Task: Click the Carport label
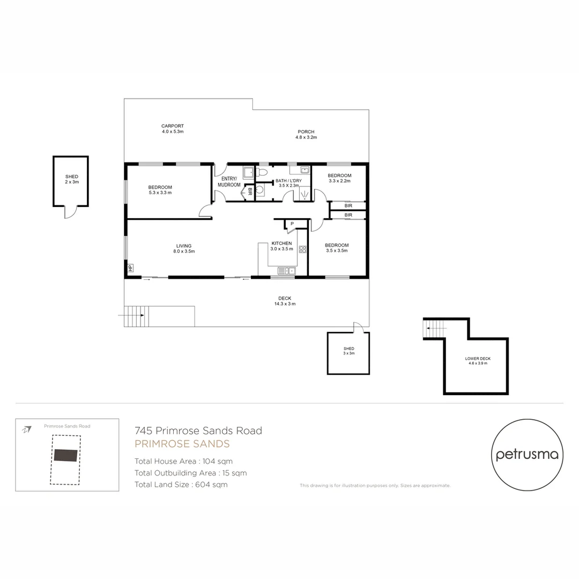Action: pyautogui.click(x=173, y=129)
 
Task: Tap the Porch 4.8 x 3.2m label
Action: pyautogui.click(x=306, y=134)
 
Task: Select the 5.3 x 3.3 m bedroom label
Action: pyautogui.click(x=160, y=190)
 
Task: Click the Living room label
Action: pyautogui.click(x=184, y=248)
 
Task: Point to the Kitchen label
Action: pyautogui.click(x=281, y=246)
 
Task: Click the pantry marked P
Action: pyautogui.click(x=292, y=224)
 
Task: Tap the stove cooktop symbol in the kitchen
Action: pyautogui.click(x=302, y=249)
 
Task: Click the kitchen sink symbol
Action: pyautogui.click(x=286, y=271)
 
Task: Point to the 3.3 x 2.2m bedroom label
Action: pyautogui.click(x=339, y=178)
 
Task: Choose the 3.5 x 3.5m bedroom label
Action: pyautogui.click(x=336, y=248)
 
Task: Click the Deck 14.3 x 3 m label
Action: pyautogui.click(x=284, y=301)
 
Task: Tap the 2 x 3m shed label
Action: pyautogui.click(x=71, y=179)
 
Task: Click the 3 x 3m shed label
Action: pyautogui.click(x=348, y=351)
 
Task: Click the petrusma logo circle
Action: pyautogui.click(x=527, y=455)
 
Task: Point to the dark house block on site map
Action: pyautogui.click(x=65, y=455)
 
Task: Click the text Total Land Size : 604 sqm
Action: pyautogui.click(x=181, y=485)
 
